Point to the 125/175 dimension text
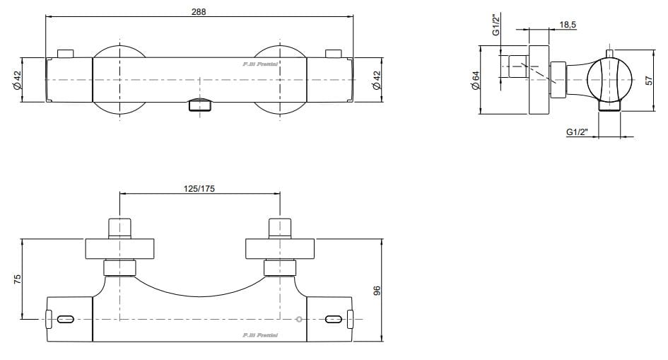coord(199,188)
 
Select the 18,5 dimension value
coord(567,25)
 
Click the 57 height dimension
coord(649,81)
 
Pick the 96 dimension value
coord(377,291)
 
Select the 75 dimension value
coord(19,279)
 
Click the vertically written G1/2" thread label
coord(496,24)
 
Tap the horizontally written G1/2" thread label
coord(578,132)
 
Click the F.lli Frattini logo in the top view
coord(265,65)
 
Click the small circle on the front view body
coord(300,320)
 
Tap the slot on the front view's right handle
coord(333,320)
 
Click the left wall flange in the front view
coord(120,250)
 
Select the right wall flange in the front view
coord(279,250)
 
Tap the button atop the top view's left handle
coord(66,53)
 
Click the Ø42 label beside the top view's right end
coord(377,80)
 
